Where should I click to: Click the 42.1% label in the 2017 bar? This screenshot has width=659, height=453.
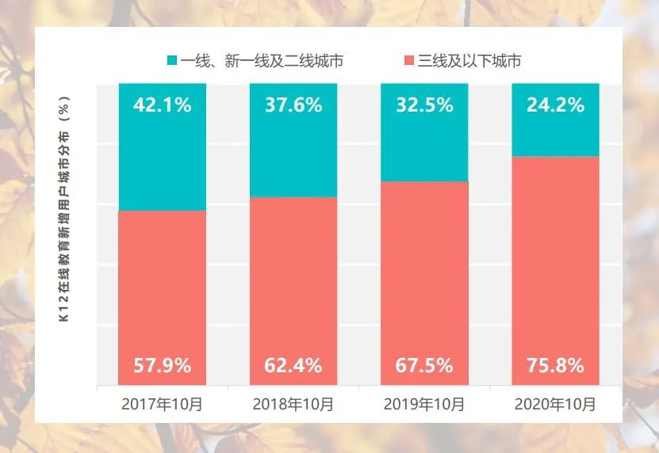[x=162, y=105]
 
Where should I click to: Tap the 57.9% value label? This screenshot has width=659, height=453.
[x=162, y=366]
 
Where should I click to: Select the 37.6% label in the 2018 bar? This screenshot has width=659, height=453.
[x=293, y=105]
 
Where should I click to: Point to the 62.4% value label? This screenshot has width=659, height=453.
[x=293, y=366]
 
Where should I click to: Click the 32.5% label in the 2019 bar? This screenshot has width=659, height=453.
[x=423, y=105]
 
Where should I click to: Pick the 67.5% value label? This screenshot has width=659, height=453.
[x=423, y=366]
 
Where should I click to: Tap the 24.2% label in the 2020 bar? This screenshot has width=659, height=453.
[x=554, y=105]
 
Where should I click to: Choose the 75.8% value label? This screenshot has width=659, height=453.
[x=554, y=366]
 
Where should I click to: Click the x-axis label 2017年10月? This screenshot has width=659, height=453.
[x=162, y=404]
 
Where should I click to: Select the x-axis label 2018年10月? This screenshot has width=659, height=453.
[x=293, y=404]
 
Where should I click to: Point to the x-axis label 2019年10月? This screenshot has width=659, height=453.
[x=423, y=404]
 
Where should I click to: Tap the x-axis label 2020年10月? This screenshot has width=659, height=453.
[x=554, y=404]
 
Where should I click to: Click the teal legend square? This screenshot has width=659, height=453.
[x=171, y=61]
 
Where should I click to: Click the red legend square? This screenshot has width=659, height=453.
[x=408, y=61]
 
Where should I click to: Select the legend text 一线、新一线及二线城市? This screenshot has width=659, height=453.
[x=261, y=61]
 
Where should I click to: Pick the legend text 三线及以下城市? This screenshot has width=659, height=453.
[x=469, y=61]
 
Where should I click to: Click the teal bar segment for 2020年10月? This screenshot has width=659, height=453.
[x=554, y=135]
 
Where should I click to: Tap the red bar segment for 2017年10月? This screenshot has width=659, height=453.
[x=162, y=293]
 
